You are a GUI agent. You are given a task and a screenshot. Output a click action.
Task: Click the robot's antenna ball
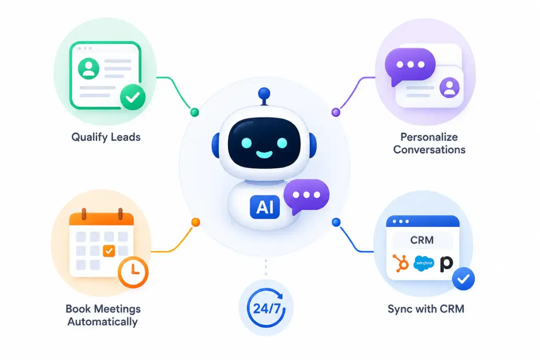tap(264, 93)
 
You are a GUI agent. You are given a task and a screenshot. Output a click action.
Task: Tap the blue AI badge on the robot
tap(265, 207)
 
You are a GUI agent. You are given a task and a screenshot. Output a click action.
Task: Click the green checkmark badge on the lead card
tap(133, 97)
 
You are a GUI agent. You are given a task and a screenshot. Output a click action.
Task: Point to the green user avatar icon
tap(88, 69)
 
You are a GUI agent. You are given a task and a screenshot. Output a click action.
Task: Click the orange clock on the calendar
tap(133, 272)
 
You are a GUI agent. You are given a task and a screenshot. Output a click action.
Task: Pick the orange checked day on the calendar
tap(109, 251)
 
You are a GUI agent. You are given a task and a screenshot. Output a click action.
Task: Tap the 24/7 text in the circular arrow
tap(267, 308)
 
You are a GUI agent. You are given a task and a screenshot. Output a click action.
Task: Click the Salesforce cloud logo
tap(424, 263)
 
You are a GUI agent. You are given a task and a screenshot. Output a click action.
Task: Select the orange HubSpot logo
tap(400, 263)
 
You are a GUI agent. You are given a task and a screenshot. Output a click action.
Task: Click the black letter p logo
tap(446, 264)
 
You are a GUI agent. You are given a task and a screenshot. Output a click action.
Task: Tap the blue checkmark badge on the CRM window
tap(463, 279)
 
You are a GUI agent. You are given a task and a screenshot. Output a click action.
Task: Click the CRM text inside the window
tap(422, 240)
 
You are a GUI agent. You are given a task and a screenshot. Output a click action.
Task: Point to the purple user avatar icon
tap(449, 88)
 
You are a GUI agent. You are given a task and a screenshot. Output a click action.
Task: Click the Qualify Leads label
tap(106, 137)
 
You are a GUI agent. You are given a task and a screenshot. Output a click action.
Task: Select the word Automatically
tap(102, 322)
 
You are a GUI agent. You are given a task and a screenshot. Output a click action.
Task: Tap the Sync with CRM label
tap(426, 309)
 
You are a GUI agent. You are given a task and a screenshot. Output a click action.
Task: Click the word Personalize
tap(429, 137)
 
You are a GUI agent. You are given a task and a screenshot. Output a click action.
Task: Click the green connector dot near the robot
tap(194, 112)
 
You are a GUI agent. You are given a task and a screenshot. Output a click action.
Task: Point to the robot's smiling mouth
tap(264, 154)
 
